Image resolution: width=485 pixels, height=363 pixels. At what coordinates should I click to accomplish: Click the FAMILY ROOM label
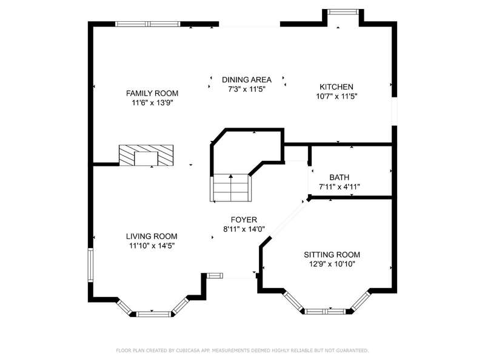click(x=152, y=93)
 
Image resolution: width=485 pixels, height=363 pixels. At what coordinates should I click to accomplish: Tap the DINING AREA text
click(x=247, y=80)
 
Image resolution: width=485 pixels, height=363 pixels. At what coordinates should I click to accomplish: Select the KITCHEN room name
click(x=336, y=87)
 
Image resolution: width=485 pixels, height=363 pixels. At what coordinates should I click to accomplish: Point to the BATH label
click(x=339, y=177)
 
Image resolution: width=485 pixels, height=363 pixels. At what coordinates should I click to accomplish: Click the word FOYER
click(x=244, y=220)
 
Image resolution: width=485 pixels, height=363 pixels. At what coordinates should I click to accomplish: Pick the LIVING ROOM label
click(x=152, y=237)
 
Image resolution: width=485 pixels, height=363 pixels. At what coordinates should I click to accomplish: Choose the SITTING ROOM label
click(x=332, y=255)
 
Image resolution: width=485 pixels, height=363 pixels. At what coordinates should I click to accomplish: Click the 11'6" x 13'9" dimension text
click(x=152, y=103)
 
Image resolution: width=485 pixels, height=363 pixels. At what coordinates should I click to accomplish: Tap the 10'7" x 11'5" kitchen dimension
click(x=336, y=96)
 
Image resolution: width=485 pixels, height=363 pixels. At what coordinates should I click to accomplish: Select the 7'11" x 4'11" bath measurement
click(x=339, y=187)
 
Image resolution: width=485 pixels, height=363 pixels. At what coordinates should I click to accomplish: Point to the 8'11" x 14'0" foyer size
click(x=244, y=229)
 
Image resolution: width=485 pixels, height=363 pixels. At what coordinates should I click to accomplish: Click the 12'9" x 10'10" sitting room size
click(x=332, y=264)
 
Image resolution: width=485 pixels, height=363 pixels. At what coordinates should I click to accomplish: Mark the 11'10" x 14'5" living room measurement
click(x=152, y=246)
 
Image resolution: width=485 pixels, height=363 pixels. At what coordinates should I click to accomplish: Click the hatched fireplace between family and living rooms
click(x=146, y=155)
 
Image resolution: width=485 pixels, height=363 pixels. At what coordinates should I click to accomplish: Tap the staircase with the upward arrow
click(x=231, y=188)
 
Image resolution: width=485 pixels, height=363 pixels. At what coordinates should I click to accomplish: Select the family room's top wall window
click(x=148, y=24)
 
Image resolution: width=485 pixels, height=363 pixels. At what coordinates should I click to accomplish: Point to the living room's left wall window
click(x=90, y=265)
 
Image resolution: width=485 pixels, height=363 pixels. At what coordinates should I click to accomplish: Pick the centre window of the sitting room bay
click(x=327, y=312)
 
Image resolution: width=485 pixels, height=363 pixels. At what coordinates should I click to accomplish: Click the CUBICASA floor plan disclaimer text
click(x=242, y=350)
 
